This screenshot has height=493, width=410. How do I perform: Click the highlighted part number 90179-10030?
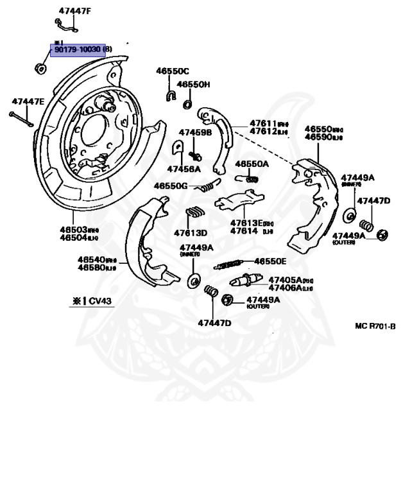(x=78, y=49)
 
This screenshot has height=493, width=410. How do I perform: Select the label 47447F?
(x=75, y=10)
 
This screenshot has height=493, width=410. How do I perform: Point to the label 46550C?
(x=173, y=71)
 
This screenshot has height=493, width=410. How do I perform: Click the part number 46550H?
(x=193, y=84)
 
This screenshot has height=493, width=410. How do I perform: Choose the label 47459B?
(x=195, y=132)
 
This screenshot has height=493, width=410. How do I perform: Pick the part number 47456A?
(x=184, y=169)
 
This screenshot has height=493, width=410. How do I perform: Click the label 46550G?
(x=170, y=186)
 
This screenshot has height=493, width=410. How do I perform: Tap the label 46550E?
(x=270, y=261)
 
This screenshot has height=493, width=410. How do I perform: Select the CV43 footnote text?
(x=91, y=300)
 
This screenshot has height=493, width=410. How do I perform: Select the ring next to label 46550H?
(x=187, y=103)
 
